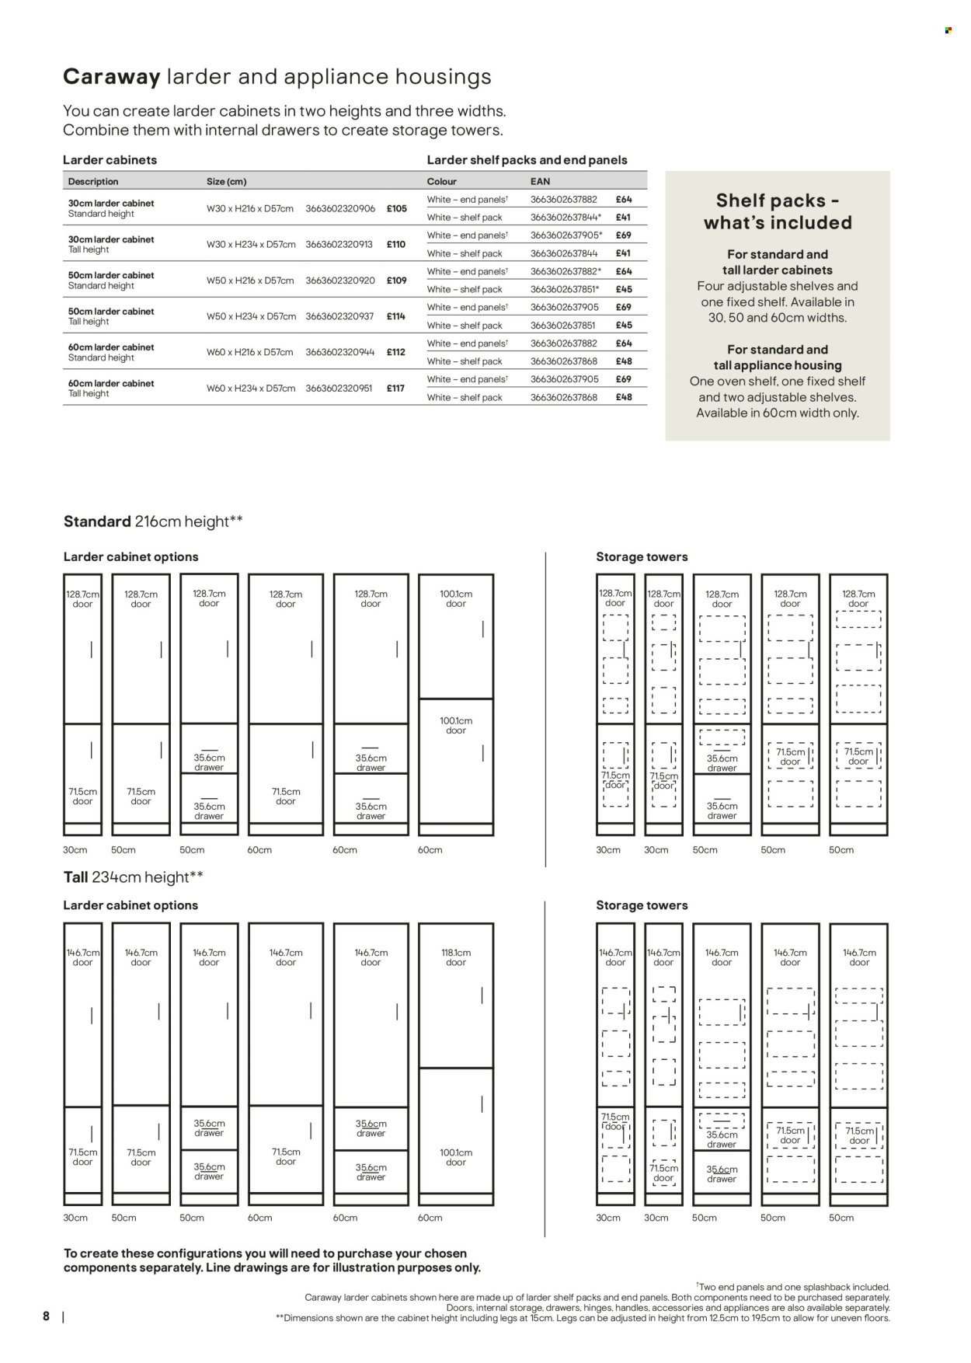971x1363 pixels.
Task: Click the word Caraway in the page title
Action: [112, 77]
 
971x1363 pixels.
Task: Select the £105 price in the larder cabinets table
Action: [397, 208]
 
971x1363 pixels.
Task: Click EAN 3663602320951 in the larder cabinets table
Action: [340, 388]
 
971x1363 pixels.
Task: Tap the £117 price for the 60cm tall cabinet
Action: [396, 388]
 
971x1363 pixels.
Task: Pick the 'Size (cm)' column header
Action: [227, 181]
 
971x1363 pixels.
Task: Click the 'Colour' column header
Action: [442, 181]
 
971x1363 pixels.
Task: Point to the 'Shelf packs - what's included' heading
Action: [778, 211]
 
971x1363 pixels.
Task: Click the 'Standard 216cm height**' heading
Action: [153, 521]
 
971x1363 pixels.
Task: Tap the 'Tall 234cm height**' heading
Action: [134, 877]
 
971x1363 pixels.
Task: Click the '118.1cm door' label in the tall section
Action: [456, 957]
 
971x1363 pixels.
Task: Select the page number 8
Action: [46, 1316]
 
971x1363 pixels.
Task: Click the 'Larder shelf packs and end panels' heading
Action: [527, 160]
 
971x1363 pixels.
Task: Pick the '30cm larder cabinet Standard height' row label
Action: [111, 208]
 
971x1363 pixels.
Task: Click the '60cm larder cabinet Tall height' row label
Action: [111, 388]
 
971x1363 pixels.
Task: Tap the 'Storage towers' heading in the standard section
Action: [642, 556]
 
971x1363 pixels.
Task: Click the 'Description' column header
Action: [93, 181]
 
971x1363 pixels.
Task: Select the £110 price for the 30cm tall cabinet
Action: [396, 244]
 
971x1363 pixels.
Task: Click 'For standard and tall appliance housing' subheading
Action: [778, 357]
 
